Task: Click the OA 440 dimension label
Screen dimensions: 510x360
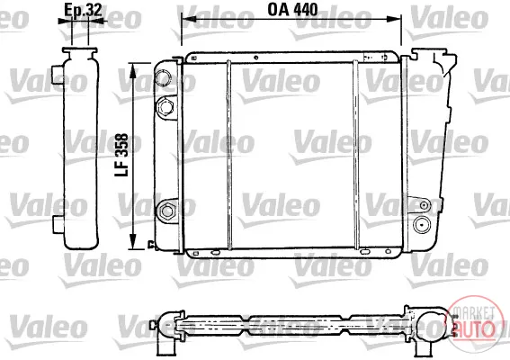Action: click(x=292, y=10)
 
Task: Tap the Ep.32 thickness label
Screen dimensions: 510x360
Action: click(x=83, y=10)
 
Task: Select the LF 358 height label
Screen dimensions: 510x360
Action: click(x=121, y=156)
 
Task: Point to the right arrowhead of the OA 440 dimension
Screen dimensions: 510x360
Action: click(x=394, y=19)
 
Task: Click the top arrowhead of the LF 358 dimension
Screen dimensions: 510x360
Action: click(x=132, y=70)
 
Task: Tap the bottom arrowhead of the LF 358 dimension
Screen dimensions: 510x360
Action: click(x=132, y=242)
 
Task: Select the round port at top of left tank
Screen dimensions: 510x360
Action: click(x=163, y=77)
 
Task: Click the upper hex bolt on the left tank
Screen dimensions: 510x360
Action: click(x=166, y=106)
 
